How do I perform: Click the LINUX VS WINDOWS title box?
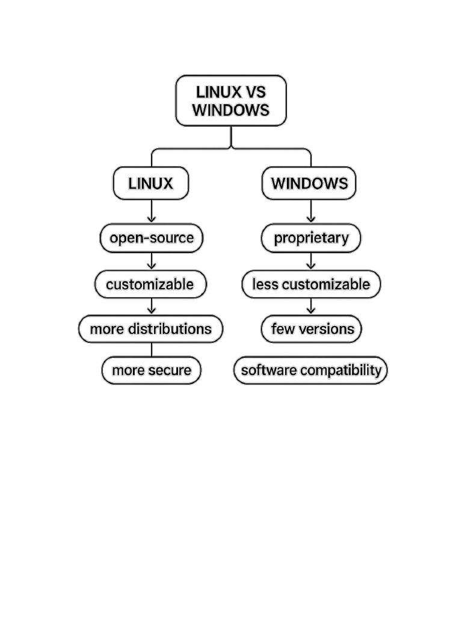231,101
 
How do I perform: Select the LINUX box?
151,183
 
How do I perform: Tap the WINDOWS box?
309,183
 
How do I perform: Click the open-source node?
152,238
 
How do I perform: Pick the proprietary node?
311,238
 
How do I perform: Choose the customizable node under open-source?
150,284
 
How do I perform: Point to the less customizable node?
311,284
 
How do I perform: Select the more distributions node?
150,329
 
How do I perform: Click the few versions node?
311,329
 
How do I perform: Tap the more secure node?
152,370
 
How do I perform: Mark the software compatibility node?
310,370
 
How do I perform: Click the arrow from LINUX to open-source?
152,211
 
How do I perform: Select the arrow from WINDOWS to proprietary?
311,211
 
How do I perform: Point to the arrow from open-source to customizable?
152,261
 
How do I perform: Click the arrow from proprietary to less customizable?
311,261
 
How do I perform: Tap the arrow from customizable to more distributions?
152,306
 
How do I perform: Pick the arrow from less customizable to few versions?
311,306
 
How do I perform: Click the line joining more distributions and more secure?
152,349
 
